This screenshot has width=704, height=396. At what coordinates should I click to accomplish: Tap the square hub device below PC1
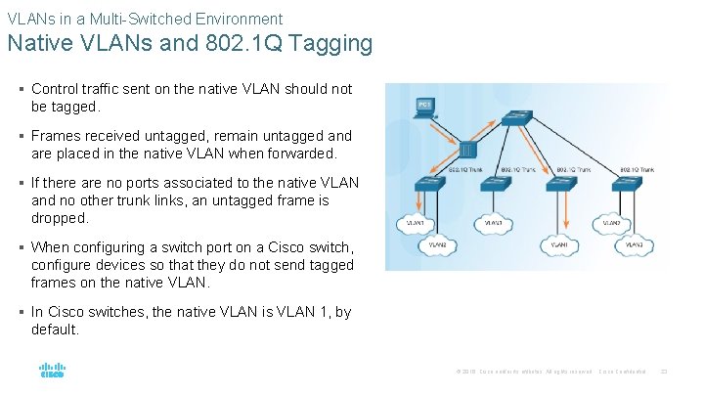tap(468, 151)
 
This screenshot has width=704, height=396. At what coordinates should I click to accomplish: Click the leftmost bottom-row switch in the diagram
tap(429, 183)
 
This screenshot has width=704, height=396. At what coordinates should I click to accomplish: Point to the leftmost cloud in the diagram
tap(415, 223)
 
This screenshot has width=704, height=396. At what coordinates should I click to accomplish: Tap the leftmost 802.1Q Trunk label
tap(466, 170)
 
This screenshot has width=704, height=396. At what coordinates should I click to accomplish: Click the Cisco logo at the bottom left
tap(51, 372)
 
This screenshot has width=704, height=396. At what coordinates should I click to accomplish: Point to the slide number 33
tap(664, 371)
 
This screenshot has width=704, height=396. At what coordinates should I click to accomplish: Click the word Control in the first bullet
tap(56, 89)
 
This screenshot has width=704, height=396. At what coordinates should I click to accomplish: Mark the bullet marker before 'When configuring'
tap(22, 247)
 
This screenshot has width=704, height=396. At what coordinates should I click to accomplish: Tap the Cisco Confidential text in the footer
tap(622, 371)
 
